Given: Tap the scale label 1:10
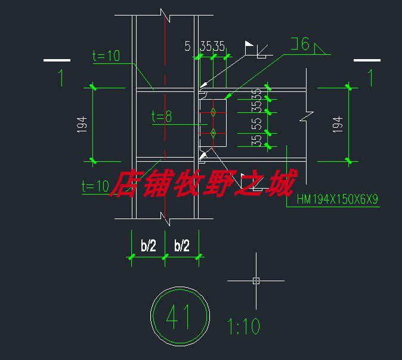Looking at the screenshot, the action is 243,326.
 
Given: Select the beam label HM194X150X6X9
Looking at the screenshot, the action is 337,199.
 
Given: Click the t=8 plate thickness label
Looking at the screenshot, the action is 162,116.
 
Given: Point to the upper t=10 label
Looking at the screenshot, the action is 106,56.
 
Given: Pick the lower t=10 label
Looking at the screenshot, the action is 95,186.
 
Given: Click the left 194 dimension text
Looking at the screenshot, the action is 82,125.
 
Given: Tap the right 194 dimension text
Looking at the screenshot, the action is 338,125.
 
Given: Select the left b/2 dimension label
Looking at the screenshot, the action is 149,245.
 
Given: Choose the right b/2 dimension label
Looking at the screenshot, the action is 182,245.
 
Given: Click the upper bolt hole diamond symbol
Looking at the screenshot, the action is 213,112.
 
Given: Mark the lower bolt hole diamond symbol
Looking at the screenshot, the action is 213,133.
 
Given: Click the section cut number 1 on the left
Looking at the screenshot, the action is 61,78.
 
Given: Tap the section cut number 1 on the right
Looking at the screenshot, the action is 371,78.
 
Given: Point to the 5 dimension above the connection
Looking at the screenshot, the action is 188,46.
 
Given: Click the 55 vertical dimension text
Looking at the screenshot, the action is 256,124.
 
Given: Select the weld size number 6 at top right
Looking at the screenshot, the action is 305,44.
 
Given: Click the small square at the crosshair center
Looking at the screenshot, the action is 256,281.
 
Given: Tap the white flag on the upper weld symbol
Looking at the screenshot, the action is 249,44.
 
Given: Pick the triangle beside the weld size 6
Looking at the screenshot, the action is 320,50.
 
